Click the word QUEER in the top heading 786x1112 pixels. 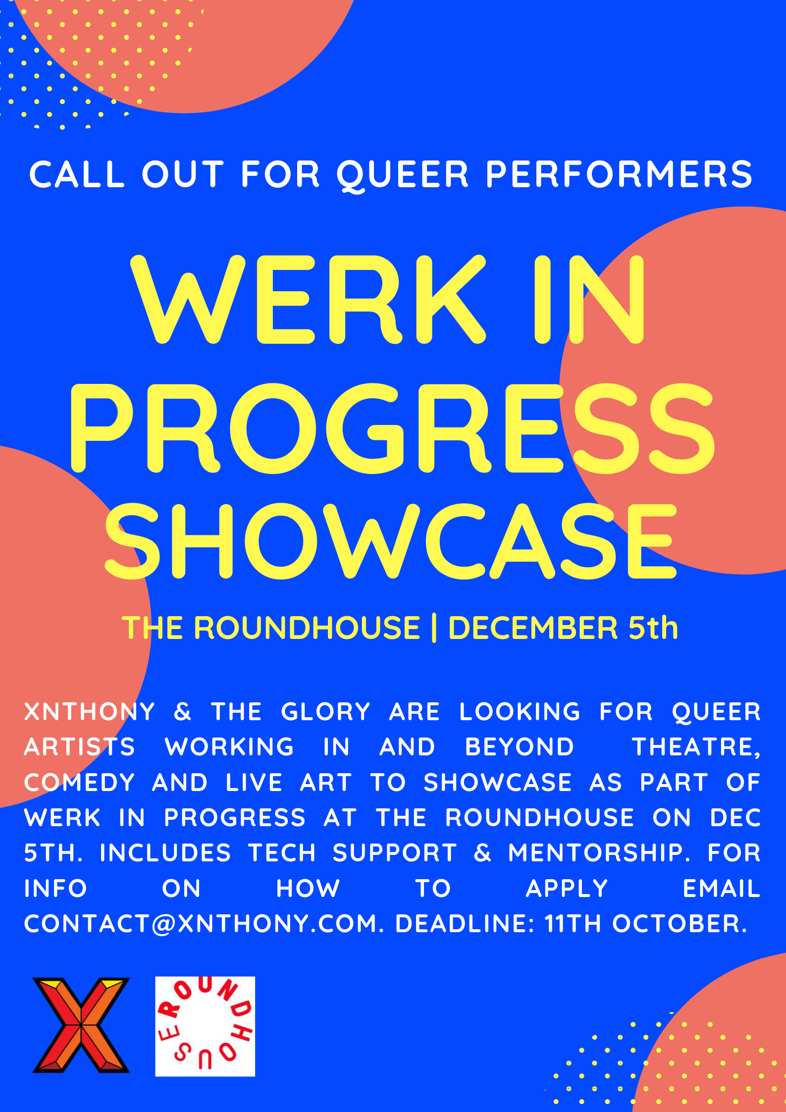(x=402, y=174)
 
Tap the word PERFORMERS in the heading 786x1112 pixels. (x=619, y=174)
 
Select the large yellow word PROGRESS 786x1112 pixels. (x=393, y=428)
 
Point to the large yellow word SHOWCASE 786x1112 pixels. (x=391, y=541)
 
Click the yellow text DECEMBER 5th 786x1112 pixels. (x=563, y=628)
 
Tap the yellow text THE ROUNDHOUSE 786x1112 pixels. (x=271, y=628)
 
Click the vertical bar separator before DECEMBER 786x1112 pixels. (x=434, y=628)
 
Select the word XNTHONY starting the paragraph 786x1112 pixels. (x=90, y=712)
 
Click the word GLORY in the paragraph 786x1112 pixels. (x=325, y=712)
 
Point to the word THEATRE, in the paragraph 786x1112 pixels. (x=696, y=747)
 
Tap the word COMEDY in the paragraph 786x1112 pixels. (x=79, y=783)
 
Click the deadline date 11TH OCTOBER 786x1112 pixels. (x=645, y=924)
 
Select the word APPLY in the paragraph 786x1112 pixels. (x=567, y=889)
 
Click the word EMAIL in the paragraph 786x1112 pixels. (x=721, y=889)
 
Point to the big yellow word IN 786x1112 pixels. (x=589, y=300)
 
